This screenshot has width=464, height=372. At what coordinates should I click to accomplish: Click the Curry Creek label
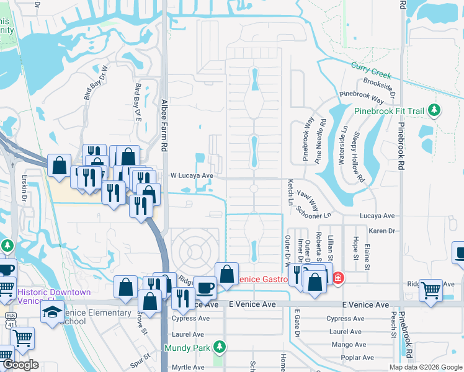point(372,70)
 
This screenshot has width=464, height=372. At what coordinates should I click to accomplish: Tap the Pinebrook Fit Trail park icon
point(435,111)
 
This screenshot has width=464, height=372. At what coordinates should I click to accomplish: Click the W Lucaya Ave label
point(192,175)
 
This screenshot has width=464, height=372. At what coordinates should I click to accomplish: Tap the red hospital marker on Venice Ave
point(337,278)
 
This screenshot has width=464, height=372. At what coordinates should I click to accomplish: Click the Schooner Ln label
point(314,212)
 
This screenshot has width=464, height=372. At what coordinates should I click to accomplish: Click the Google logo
point(20,365)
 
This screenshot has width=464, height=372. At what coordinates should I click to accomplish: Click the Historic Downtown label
point(55,292)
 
